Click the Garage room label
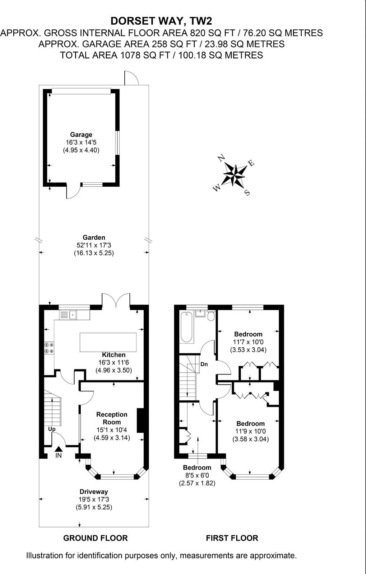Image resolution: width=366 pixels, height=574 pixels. [x=81, y=135]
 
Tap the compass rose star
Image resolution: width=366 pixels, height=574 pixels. [x=235, y=175]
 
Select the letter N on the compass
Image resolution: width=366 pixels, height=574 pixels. [x=222, y=157]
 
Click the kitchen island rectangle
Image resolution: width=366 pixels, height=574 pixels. [x=108, y=342]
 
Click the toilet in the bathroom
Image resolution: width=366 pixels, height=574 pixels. [x=211, y=315]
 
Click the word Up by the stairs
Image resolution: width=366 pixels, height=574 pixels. [x=52, y=429]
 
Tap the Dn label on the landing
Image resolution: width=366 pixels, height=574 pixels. [x=204, y=364]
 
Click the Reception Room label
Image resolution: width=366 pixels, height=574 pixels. [x=112, y=418]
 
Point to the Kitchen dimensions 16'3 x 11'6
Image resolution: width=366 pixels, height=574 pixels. [x=113, y=362]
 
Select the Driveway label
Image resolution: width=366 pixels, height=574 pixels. [x=94, y=491]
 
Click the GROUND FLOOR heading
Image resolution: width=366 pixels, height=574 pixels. [x=95, y=538]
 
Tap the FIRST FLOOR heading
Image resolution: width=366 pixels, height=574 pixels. [x=232, y=538]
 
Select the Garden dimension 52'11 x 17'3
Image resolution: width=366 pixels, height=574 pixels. [x=94, y=245]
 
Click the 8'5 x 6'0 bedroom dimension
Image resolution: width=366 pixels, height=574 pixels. [x=197, y=475]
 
